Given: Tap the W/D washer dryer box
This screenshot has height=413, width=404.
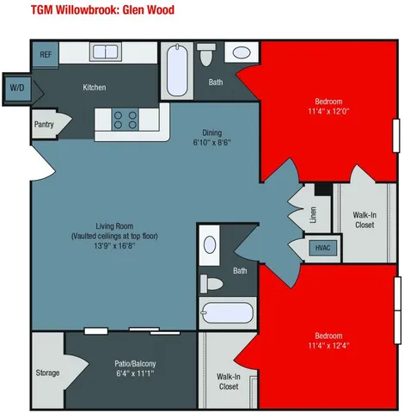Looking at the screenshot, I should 17,88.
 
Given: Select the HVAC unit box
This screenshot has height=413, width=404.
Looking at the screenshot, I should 322,248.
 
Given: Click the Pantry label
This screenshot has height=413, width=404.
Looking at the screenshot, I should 45,123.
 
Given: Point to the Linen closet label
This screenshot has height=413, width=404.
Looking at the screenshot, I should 313,213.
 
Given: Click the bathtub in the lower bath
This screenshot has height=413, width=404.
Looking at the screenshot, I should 227,312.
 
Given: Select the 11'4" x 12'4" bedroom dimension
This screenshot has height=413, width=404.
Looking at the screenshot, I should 328,346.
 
